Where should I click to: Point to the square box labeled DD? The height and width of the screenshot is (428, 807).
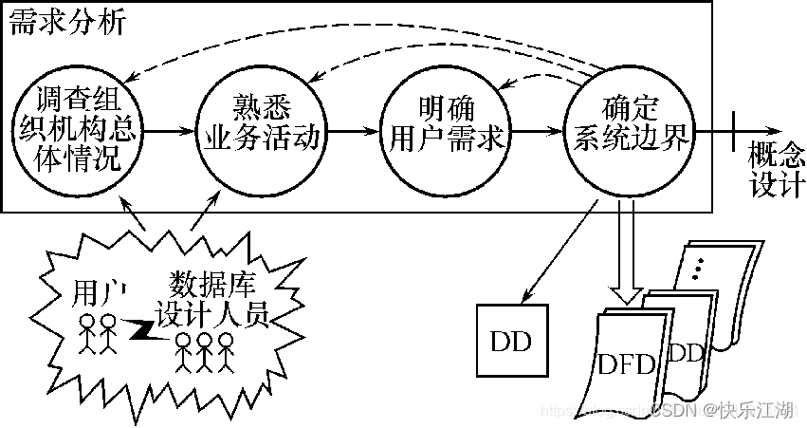511,340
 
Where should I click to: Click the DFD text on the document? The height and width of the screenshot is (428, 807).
627,365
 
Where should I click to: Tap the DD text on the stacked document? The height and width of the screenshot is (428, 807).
686,352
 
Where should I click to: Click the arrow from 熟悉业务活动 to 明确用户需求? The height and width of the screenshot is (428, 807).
352,132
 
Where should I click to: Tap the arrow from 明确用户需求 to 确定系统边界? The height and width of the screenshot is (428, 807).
536,132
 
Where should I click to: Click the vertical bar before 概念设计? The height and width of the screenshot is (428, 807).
733,132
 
